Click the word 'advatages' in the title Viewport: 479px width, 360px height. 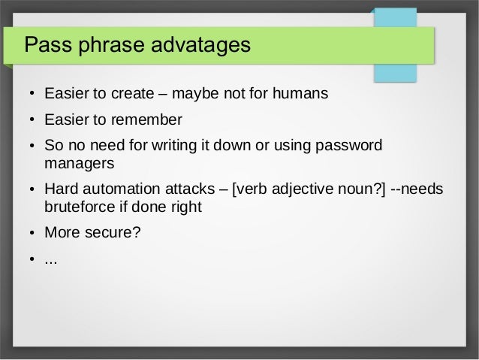(x=202, y=45)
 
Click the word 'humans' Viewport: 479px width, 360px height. (x=300, y=95)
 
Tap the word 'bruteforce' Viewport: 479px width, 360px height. (x=82, y=207)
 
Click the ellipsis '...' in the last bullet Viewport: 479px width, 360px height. (x=51, y=260)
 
